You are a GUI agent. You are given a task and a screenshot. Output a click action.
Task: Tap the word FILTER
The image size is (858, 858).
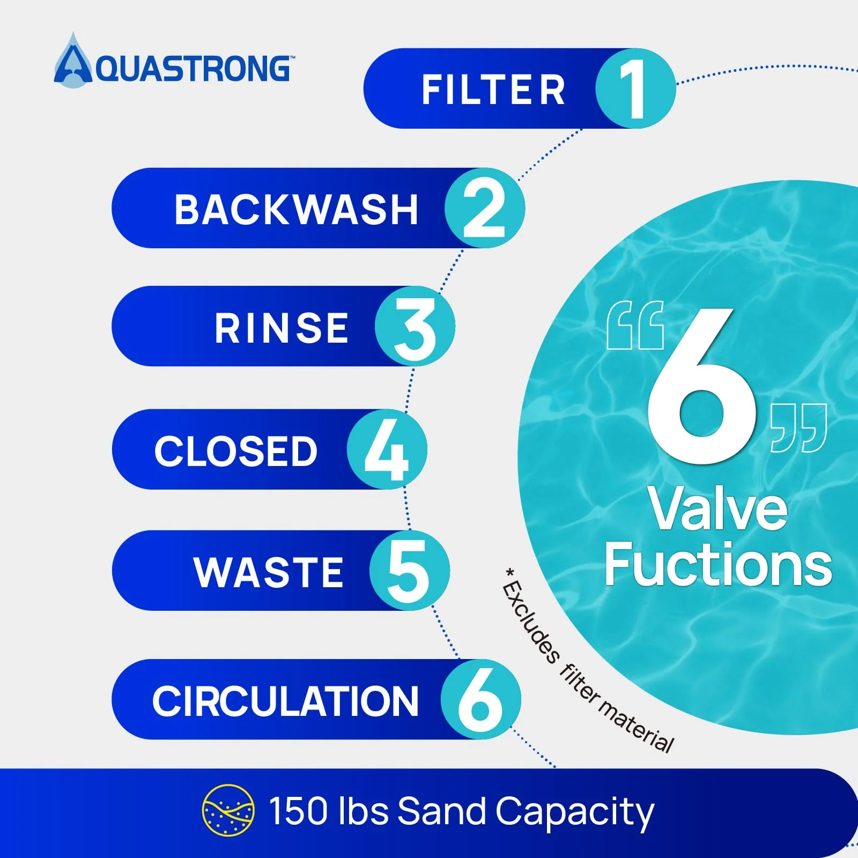click(493, 90)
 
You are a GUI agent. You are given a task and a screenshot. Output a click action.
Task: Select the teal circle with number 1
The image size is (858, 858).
click(635, 88)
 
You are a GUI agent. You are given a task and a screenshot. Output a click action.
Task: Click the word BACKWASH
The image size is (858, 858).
click(296, 209)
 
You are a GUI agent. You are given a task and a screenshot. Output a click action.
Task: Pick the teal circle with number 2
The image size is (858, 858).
click(485, 208)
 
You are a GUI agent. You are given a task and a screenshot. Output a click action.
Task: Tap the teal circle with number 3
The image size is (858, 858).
click(415, 326)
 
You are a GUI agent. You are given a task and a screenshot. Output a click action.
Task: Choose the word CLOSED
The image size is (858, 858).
click(236, 450)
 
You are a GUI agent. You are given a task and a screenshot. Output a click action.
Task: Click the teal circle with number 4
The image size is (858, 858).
click(387, 449)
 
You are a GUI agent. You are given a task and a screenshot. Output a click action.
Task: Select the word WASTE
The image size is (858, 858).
click(268, 572)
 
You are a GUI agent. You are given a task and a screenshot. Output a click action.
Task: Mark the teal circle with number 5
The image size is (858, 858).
click(410, 571)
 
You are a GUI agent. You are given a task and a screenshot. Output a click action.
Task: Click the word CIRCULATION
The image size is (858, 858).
click(285, 701)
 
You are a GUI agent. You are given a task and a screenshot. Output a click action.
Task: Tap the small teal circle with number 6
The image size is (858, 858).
click(481, 699)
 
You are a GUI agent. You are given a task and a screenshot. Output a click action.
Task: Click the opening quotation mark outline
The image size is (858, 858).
click(635, 326)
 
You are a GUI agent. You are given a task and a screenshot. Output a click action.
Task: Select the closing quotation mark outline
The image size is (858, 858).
click(798, 428)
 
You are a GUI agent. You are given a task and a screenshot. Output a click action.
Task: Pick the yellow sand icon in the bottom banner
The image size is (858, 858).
click(228, 810)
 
